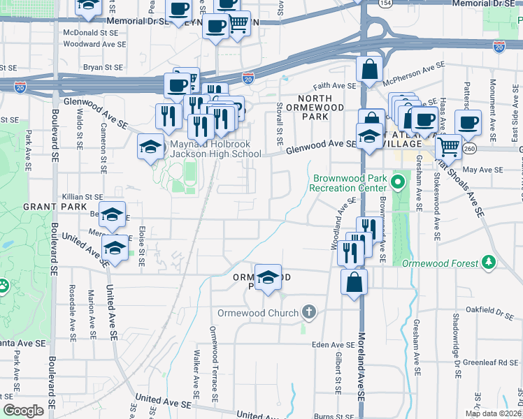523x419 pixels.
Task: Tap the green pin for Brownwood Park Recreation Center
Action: coord(398,184)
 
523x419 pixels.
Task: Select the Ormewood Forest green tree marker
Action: coord(489,263)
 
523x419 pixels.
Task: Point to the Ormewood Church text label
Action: coord(259,313)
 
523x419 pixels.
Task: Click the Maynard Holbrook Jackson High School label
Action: coord(216,149)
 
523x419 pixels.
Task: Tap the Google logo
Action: coord(24,410)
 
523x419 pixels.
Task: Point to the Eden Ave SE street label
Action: coord(334,345)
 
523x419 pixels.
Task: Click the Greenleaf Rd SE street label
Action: coord(493,362)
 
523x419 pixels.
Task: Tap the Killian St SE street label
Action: coord(83,198)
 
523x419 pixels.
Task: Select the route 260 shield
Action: coord(468,148)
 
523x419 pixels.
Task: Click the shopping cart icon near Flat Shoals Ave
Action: coord(447,146)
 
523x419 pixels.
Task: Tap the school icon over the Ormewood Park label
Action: coord(267,277)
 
